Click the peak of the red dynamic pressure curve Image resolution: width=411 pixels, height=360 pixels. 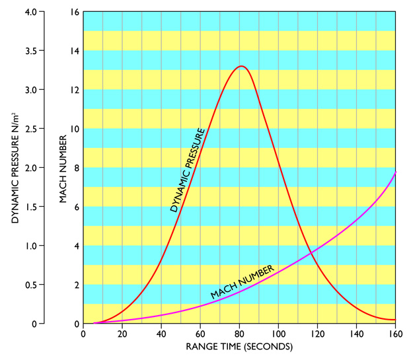tap(241, 66)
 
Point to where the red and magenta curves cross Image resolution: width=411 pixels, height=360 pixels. tap(311, 252)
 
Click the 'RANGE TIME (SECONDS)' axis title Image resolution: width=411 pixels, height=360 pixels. tap(239, 346)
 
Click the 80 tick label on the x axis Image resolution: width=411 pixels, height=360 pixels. tap(240, 334)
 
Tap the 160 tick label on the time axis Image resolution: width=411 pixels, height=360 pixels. tap(396, 334)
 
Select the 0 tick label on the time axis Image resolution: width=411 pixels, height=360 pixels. tap(83, 334)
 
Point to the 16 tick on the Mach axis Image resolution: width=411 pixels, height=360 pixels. tap(74, 12)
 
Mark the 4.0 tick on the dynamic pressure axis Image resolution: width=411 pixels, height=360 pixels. tap(38, 12)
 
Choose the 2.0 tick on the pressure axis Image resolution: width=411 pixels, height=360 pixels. tap(38, 168)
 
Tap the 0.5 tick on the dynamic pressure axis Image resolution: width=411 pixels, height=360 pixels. tap(38, 285)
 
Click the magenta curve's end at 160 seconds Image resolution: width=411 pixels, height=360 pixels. tap(396, 172)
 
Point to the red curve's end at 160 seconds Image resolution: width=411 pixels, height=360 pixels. tap(396, 320)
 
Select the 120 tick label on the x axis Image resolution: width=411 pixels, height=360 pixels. tap(318, 334)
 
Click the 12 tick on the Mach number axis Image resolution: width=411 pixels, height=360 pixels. tap(74, 90)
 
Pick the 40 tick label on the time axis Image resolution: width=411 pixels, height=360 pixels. tap(161, 334)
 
